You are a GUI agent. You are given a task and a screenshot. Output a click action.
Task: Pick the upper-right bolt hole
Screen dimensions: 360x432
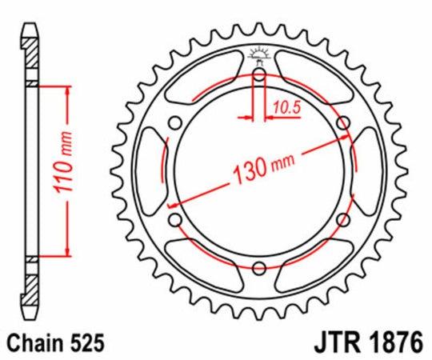[343, 122]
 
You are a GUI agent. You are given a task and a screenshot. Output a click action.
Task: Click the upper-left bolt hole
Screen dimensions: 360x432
[175, 122]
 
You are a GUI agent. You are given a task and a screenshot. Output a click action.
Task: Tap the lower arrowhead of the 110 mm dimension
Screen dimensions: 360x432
[64, 251]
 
